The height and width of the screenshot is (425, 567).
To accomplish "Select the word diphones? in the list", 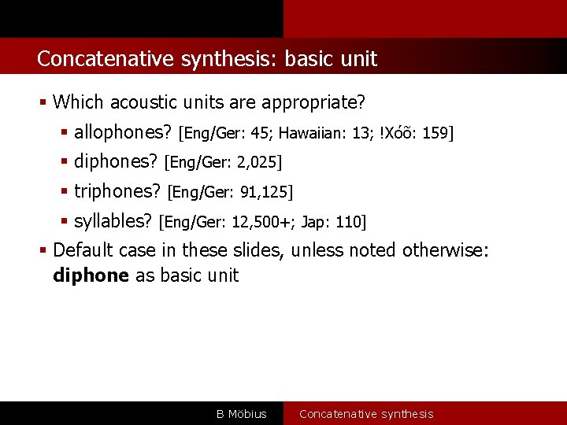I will tap(116, 162).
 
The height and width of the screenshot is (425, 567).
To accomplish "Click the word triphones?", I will tap(117, 191).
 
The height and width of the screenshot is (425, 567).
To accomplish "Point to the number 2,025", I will tap(256, 163).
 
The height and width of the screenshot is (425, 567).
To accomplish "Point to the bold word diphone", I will tap(91, 275).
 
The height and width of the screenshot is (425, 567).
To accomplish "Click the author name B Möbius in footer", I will tap(242, 414).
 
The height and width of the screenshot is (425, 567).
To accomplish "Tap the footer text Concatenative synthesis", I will tap(366, 414).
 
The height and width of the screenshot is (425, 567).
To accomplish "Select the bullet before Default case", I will tap(45, 251).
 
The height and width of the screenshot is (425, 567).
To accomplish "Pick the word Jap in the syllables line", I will tap(313, 222).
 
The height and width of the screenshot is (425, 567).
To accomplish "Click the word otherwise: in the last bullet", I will tap(446, 250).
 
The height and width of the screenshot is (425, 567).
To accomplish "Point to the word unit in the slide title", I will tap(359, 59).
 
